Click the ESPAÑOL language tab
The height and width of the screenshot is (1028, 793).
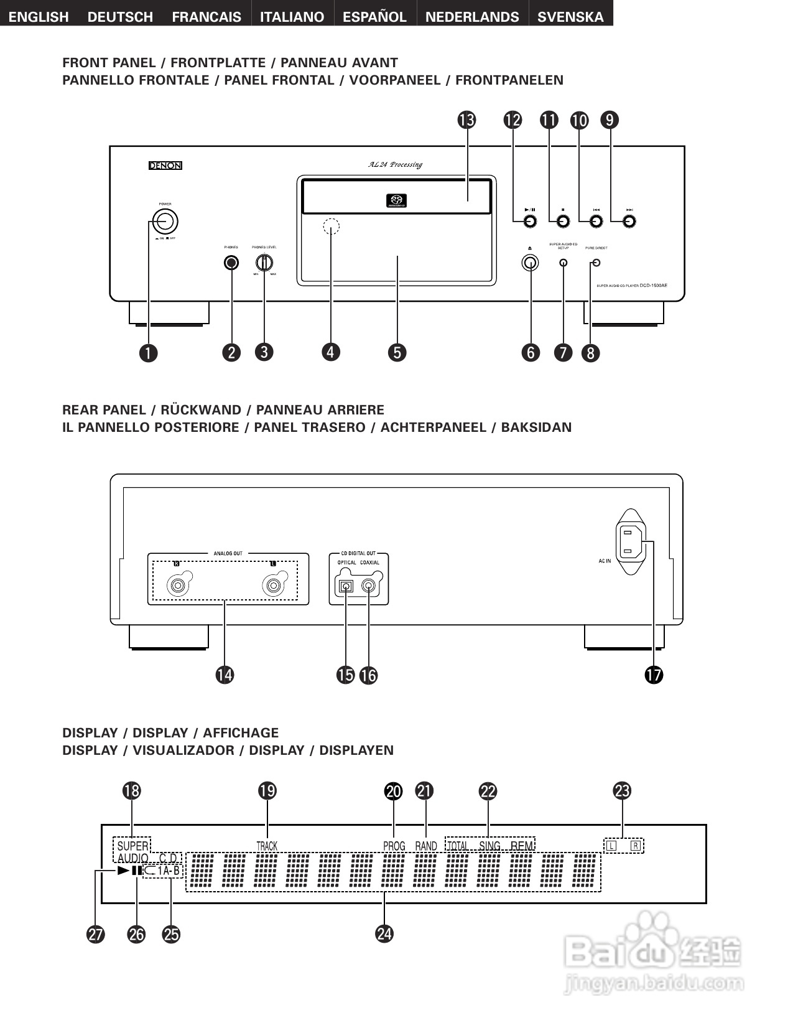(374, 17)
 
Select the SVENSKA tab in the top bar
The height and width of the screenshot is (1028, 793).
(570, 17)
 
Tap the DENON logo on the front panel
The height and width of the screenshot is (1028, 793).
(165, 166)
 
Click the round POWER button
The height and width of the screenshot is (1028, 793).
(165, 221)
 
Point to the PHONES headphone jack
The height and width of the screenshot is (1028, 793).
(231, 263)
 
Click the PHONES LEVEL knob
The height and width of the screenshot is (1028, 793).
(264, 263)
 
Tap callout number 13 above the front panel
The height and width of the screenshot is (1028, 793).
(466, 119)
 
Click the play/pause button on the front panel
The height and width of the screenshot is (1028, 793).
(530, 222)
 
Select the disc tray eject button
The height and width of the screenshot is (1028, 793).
(530, 263)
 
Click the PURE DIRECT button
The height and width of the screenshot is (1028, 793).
(597, 263)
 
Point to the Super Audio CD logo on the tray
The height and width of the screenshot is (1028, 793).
(396, 200)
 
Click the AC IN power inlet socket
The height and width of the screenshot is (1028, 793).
(631, 541)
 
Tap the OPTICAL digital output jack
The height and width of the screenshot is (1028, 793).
(345, 586)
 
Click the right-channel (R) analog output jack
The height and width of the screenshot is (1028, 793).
(178, 586)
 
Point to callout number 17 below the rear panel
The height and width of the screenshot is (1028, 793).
(654, 675)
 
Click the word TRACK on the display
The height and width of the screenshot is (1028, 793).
(267, 846)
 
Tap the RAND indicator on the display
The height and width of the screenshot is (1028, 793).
(426, 846)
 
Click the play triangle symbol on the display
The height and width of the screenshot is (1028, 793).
(123, 871)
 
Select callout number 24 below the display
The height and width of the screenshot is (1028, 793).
(384, 933)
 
